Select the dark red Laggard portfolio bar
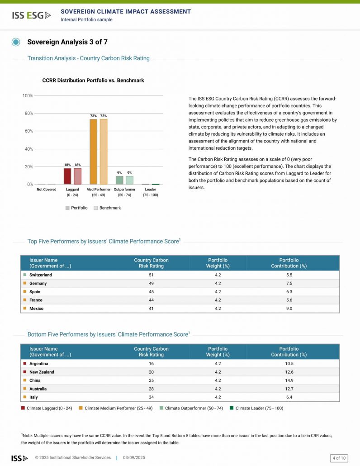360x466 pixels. [67, 176]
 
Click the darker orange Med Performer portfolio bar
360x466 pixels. [93, 152]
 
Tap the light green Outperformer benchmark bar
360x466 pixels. [130, 180]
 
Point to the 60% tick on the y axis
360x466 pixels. [28, 131]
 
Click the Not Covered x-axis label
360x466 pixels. [47, 190]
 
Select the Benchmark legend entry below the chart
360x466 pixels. [107, 208]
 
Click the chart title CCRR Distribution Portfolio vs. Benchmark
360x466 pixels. [93, 81]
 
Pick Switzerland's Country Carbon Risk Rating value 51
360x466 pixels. [151, 275]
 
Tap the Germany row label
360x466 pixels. [38, 284]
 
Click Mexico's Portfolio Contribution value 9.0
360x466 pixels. [289, 309]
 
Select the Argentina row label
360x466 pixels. [39, 364]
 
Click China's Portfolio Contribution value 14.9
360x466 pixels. [289, 380]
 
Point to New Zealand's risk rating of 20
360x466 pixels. [151, 372]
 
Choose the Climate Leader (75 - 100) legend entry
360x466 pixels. [256, 408]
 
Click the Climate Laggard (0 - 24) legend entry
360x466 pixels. [47, 408]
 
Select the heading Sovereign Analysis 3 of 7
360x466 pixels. [67, 42]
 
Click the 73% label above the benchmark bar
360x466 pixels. [104, 116]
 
